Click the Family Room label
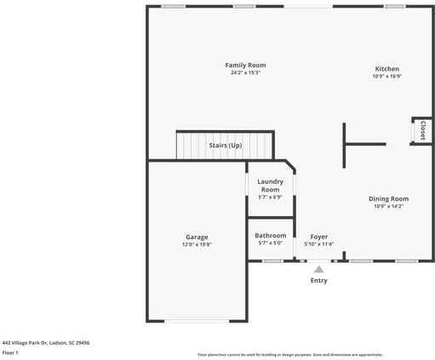pyautogui.click(x=245, y=66)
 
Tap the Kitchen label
pyautogui.click(x=387, y=69)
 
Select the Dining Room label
pyautogui.click(x=388, y=198)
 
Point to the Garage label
pyautogui.click(x=197, y=237)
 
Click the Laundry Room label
pyautogui.click(x=271, y=185)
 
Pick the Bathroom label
pyautogui.click(x=271, y=235)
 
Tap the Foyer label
pyautogui.click(x=319, y=237)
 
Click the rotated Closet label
pyautogui.click(x=422, y=130)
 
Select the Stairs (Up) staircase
pyautogui.click(x=226, y=145)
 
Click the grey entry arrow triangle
pyautogui.click(x=319, y=269)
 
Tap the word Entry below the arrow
pyautogui.click(x=319, y=280)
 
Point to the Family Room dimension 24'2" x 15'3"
pyautogui.click(x=245, y=73)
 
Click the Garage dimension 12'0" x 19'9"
pyautogui.click(x=197, y=244)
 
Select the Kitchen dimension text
pyautogui.click(x=387, y=77)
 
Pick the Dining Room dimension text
pyautogui.click(x=388, y=206)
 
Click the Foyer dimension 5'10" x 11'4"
pyautogui.click(x=319, y=244)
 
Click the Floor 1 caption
pyautogui.click(x=10, y=351)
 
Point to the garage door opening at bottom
pyautogui.click(x=197, y=321)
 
